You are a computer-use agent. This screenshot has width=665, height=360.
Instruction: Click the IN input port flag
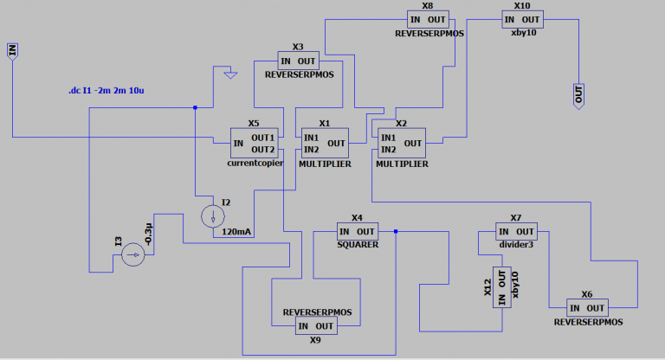coord(12,50)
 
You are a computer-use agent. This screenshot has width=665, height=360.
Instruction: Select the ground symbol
coord(229,76)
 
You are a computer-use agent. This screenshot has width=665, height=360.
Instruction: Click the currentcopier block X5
coord(255,143)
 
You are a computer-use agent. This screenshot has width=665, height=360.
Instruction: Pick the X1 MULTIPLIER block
coord(325,143)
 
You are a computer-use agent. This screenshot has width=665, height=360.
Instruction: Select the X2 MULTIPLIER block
coord(402,143)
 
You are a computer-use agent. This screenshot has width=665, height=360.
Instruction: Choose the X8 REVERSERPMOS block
coord(429,19)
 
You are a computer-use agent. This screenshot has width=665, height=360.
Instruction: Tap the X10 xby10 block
coord(522,19)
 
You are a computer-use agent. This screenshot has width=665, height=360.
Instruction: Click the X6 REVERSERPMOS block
coord(587,308)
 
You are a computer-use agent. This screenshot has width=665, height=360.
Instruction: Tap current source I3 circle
coord(132,254)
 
